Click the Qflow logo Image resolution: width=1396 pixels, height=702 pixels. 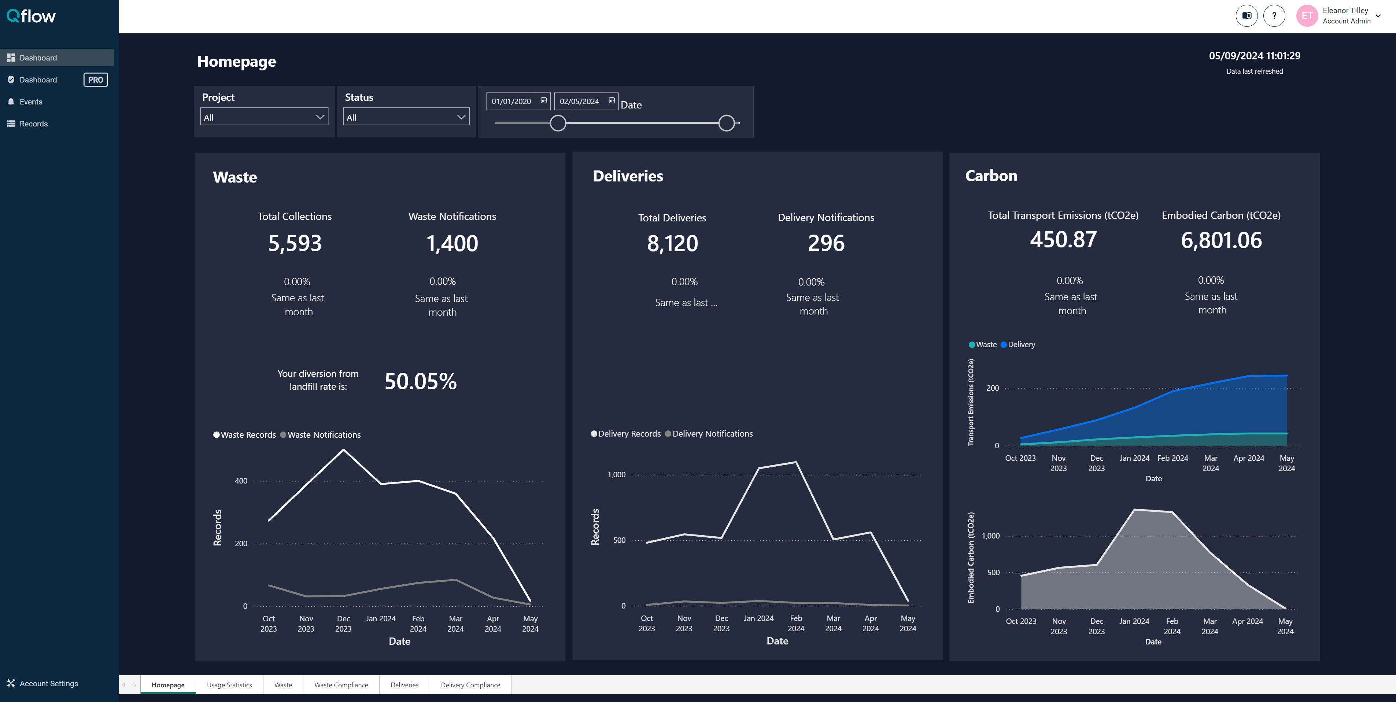pyautogui.click(x=31, y=16)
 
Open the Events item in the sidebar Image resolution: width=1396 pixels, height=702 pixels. pyautogui.click(x=31, y=102)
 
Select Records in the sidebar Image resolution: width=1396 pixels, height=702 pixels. pyautogui.click(x=34, y=124)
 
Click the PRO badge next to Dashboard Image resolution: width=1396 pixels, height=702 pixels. pyautogui.click(x=95, y=80)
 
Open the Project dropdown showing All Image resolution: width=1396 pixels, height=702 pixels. pyautogui.click(x=265, y=117)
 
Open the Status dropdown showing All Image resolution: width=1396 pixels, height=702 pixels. pyautogui.click(x=406, y=117)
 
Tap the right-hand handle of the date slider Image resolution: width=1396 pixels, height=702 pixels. pyautogui.click(x=726, y=123)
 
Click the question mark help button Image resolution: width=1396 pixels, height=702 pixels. pyautogui.click(x=1274, y=16)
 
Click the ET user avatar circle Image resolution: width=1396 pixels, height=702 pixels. pyautogui.click(x=1307, y=16)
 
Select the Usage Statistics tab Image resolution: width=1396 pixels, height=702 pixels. pyautogui.click(x=229, y=685)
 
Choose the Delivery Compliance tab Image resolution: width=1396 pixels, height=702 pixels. pyautogui.click(x=470, y=685)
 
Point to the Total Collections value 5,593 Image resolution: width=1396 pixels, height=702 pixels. pyautogui.click(x=295, y=243)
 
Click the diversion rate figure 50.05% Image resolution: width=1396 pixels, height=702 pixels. pyautogui.click(x=421, y=382)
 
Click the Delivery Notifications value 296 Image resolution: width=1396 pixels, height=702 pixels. pyautogui.click(x=826, y=243)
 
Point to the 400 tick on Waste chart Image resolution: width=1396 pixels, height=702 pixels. pyautogui.click(x=241, y=481)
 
